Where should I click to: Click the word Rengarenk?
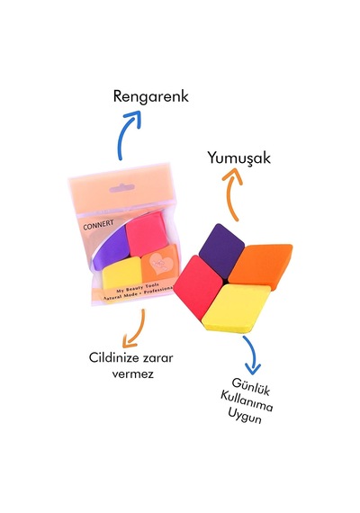pyautogui.click(x=151, y=97)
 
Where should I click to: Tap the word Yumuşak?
pyautogui.click(x=239, y=158)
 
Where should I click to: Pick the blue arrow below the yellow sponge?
pyautogui.click(x=253, y=355)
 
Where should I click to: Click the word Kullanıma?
pyautogui.click(x=247, y=401)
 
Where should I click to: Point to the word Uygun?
pyautogui.click(x=245, y=417)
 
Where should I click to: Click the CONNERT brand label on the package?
pyautogui.click(x=98, y=225)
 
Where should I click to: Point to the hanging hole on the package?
pyautogui.click(x=121, y=188)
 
